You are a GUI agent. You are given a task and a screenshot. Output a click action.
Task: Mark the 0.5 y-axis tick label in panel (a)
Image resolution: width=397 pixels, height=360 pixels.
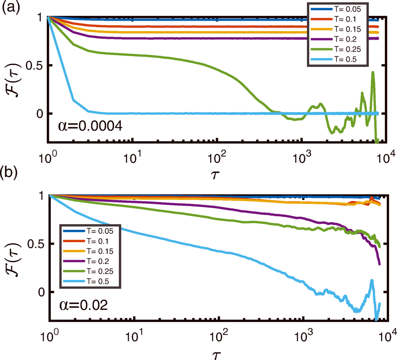[x=35, y=65]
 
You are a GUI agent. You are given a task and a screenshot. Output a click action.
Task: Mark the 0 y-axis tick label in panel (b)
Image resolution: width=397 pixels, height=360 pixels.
[x=40, y=292]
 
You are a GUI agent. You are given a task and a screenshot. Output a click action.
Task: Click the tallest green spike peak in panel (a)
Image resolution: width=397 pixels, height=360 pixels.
[x=373, y=72]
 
